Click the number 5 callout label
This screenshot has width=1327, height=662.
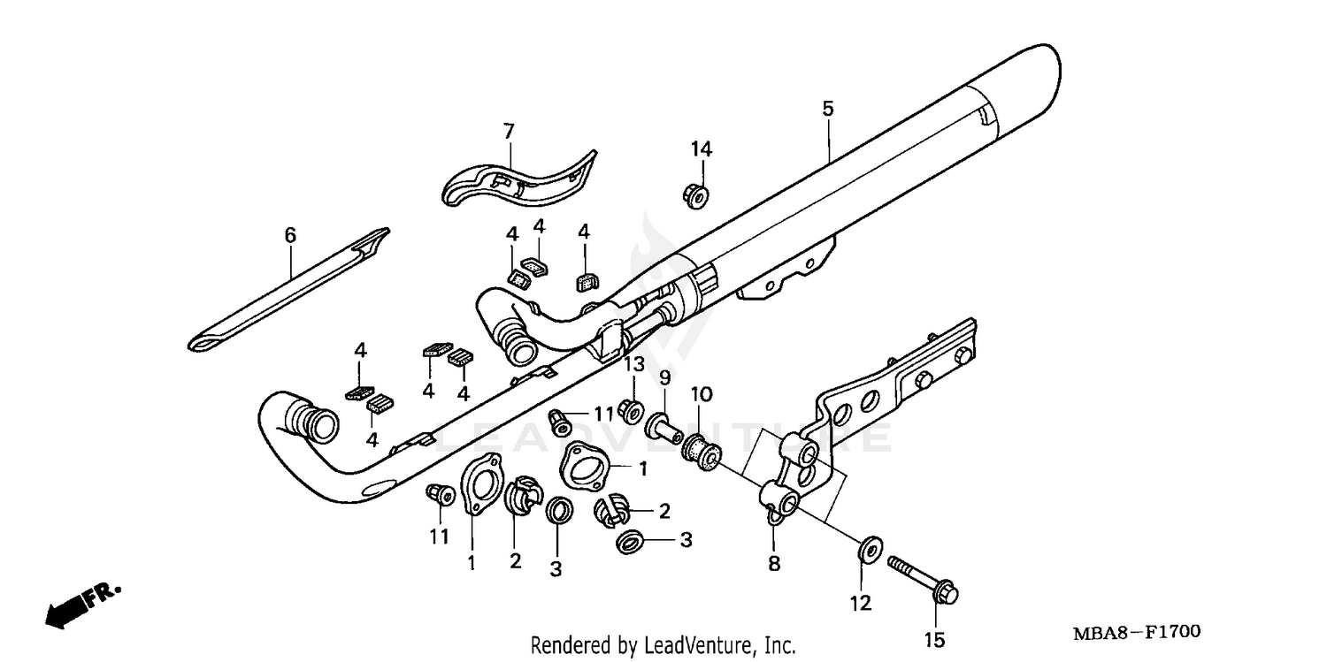coord(827,109)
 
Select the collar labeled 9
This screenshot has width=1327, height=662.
coord(664,425)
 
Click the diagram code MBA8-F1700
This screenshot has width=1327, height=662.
coord(1136,632)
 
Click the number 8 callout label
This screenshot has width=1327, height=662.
coord(774,563)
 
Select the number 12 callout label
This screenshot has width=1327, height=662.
coord(861,604)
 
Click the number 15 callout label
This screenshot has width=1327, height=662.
coord(934,639)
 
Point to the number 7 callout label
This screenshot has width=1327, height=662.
coord(509,132)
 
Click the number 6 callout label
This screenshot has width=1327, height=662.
coord(290,235)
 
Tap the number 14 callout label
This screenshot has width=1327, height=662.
coord(702,148)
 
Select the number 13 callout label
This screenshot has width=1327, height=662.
coord(634,365)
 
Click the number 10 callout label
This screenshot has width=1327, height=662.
coord(700,393)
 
